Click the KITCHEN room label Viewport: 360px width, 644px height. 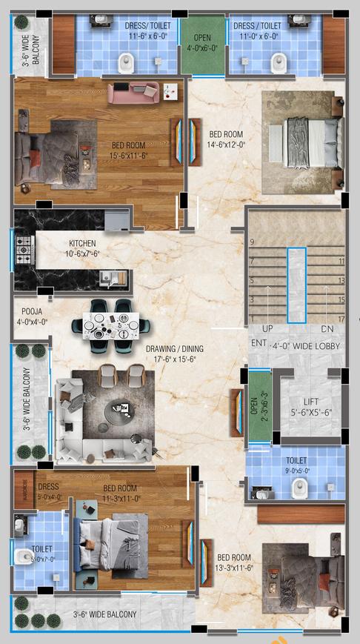coord(82,243)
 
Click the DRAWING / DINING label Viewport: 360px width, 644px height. coord(174,348)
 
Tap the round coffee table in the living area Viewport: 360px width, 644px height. coord(119,408)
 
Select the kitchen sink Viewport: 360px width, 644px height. coord(112,278)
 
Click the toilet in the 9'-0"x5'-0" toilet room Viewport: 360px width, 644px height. coord(299,487)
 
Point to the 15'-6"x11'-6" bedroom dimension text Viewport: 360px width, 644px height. coord(129,156)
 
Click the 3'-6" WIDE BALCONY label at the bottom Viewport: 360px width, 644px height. coord(104,614)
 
